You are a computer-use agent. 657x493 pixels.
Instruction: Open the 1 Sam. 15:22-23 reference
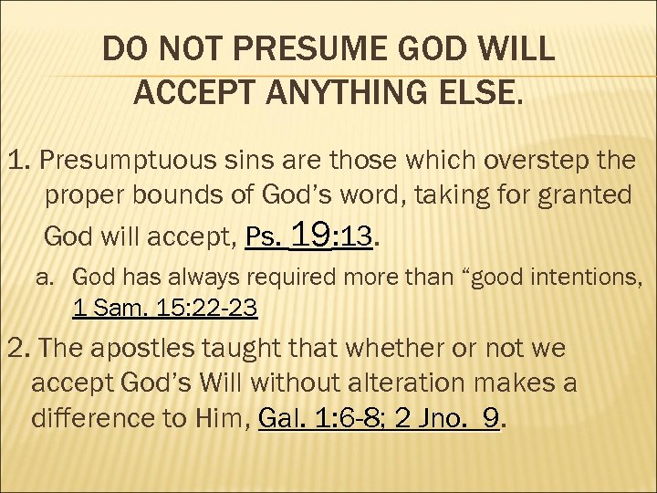click(164, 308)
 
